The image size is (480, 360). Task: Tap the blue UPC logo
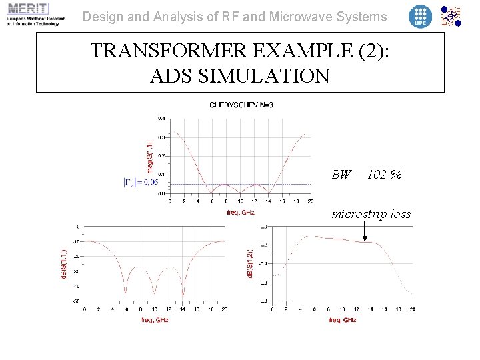(x=420, y=16)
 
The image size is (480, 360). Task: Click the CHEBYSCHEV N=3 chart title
(x=241, y=105)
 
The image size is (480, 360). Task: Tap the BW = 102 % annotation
(x=367, y=175)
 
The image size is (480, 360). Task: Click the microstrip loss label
(x=371, y=214)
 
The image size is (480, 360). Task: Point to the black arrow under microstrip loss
(x=365, y=231)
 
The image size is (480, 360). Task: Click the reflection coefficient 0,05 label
(x=141, y=181)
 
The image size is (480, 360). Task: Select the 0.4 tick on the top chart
(x=161, y=119)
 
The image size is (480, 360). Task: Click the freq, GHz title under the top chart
(x=241, y=213)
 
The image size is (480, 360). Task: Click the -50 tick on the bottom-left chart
(x=75, y=302)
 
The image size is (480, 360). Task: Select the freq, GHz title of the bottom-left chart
(x=155, y=320)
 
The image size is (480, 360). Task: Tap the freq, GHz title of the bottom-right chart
(x=342, y=320)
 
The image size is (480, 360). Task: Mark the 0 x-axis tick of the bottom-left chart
(x=84, y=309)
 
